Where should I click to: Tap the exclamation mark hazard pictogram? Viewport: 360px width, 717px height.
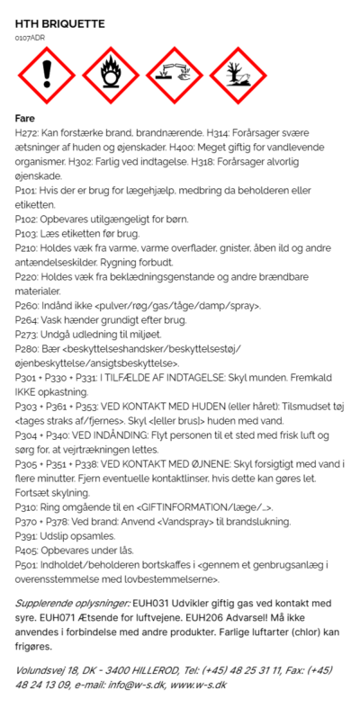(x=45, y=77)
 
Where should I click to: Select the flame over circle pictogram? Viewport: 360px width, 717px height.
(x=110, y=77)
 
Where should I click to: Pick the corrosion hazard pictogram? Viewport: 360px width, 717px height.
(x=175, y=77)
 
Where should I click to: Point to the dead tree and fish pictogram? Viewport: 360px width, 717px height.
(x=238, y=77)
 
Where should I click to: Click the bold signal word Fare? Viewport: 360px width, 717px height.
(x=25, y=118)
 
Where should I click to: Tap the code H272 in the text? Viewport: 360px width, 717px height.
(x=27, y=132)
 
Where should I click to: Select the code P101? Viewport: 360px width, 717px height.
(x=26, y=191)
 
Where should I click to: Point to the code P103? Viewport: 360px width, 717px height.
(x=26, y=233)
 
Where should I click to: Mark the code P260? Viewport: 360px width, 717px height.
(x=27, y=306)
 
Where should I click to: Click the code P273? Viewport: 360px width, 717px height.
(x=26, y=335)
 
